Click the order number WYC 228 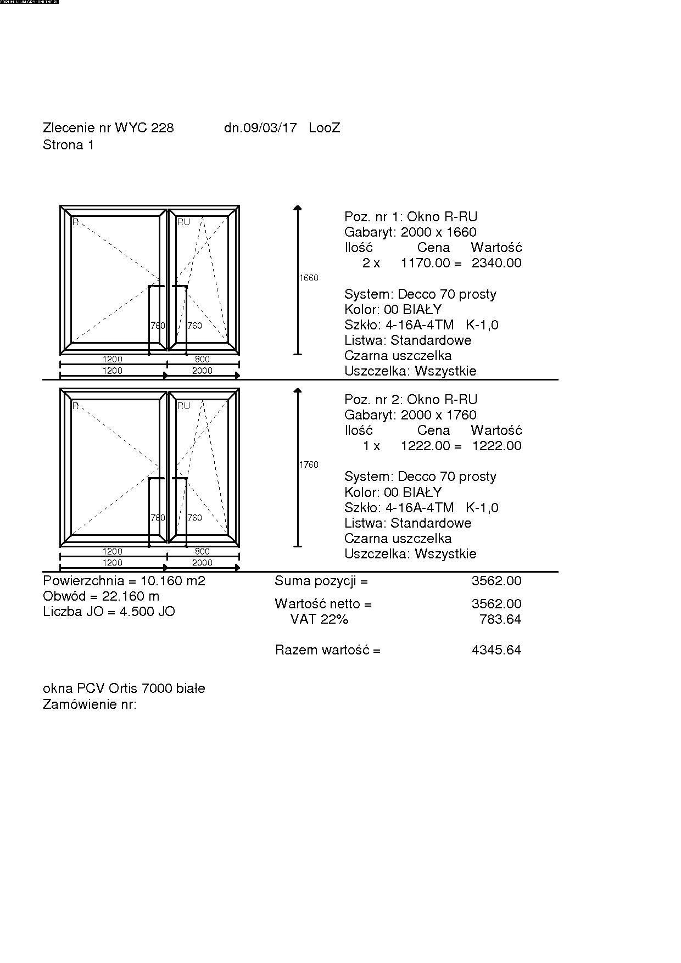tap(144, 128)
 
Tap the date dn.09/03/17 tap(260, 128)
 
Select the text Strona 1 tap(69, 145)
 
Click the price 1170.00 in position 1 tap(425, 263)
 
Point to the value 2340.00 tap(496, 263)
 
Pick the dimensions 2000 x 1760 tap(439, 415)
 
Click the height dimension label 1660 tap(309, 278)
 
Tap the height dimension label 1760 tap(309, 465)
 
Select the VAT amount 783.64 tap(500, 620)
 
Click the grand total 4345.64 tap(496, 651)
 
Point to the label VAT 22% tap(320, 620)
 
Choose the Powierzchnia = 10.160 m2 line tap(124, 581)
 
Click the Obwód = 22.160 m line tap(101, 596)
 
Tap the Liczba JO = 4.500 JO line tap(109, 612)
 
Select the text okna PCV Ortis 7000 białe tap(124, 688)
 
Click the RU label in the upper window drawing tap(183, 222)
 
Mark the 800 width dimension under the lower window tap(202, 551)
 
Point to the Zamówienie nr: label tap(90, 704)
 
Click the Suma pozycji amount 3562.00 tap(496, 581)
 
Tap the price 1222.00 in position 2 tap(425, 446)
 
